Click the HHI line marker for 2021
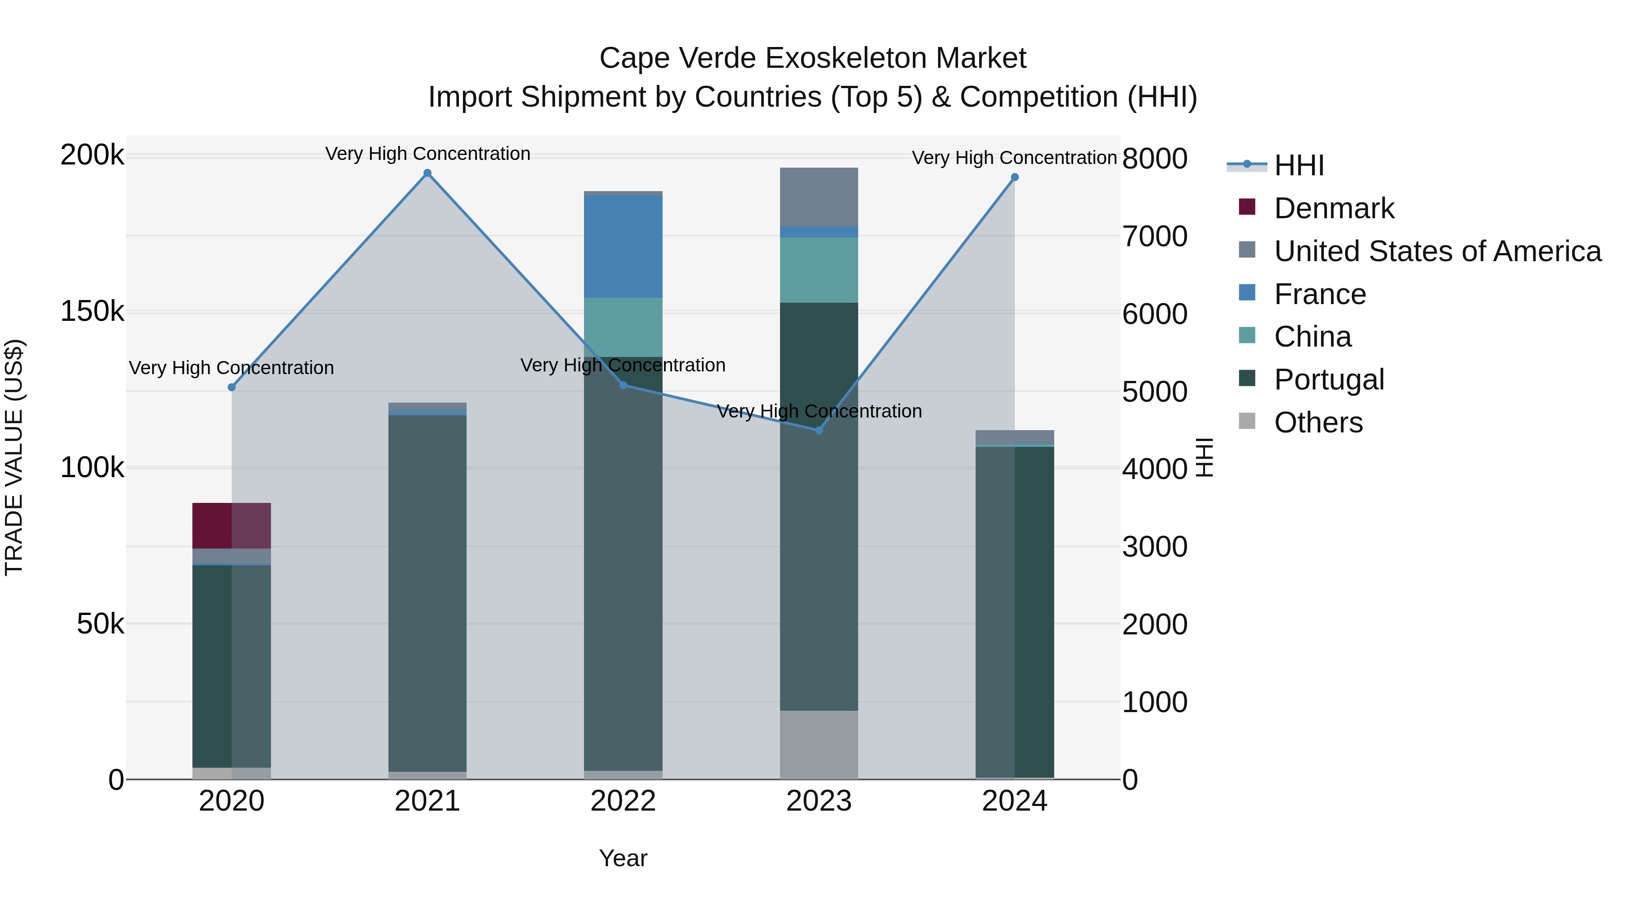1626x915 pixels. click(427, 173)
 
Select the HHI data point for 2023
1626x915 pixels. click(819, 430)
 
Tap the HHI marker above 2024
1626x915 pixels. click(1014, 178)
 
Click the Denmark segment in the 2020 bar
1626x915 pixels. click(231, 526)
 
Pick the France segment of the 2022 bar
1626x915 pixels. click(623, 246)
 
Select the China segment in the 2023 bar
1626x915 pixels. click(819, 270)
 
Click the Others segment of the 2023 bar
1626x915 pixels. click(819, 745)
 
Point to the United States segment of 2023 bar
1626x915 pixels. click(819, 197)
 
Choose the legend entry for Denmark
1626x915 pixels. click(1333, 208)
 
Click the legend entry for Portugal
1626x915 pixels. click(1329, 380)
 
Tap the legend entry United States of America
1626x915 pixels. click(1437, 251)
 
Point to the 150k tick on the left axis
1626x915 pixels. click(92, 311)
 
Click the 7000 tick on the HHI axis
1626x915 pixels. click(1154, 236)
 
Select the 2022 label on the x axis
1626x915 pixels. click(623, 801)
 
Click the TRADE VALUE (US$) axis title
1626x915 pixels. click(14, 457)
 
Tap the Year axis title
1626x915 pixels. click(623, 858)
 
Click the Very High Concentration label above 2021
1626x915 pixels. click(427, 154)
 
